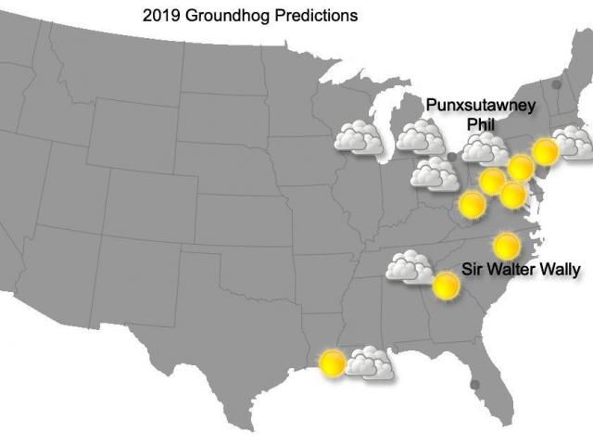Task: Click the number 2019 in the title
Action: pyautogui.click(x=160, y=16)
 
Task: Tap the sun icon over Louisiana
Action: pyautogui.click(x=332, y=362)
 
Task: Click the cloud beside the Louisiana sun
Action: pyautogui.click(x=370, y=362)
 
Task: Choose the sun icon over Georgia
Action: pyautogui.click(x=447, y=286)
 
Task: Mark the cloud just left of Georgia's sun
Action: pyautogui.click(x=410, y=267)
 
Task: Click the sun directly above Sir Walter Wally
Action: pyautogui.click(x=506, y=246)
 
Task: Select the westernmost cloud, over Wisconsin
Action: pyautogui.click(x=360, y=139)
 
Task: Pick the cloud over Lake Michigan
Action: pyautogui.click(x=422, y=137)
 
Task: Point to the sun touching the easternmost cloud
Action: pyautogui.click(x=546, y=151)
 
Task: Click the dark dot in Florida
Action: pyautogui.click(x=475, y=384)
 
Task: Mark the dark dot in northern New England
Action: pyautogui.click(x=557, y=84)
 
